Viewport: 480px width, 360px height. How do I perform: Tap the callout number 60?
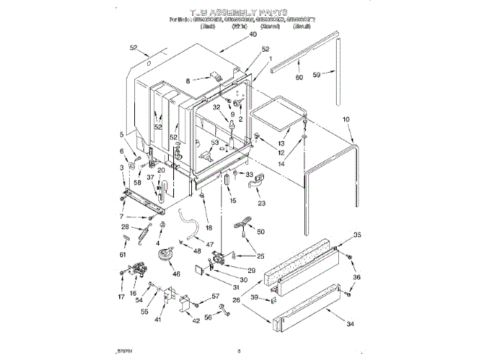[x=299, y=77]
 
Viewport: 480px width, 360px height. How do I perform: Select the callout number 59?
[x=317, y=73]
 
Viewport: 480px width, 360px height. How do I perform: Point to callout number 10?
[x=346, y=119]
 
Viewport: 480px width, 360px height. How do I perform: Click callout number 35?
[x=356, y=235]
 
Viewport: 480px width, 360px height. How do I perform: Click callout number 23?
[x=261, y=203]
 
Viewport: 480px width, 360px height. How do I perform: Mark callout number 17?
[x=122, y=295]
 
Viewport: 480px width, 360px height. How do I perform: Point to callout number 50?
[x=260, y=232]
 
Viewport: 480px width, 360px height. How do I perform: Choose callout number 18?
[x=208, y=227]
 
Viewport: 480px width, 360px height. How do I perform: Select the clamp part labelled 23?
[x=253, y=179]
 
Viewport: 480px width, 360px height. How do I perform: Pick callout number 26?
[x=237, y=300]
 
